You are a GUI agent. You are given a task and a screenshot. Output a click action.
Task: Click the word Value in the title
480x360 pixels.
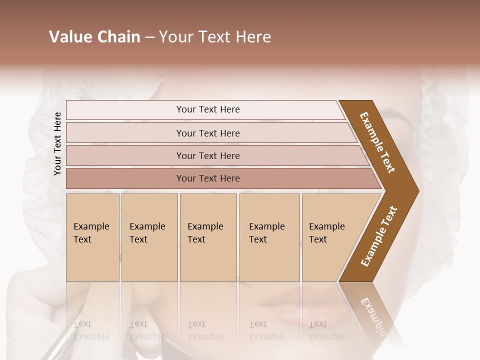point(70,37)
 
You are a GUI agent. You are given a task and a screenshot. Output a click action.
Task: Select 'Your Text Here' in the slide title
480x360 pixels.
point(215,37)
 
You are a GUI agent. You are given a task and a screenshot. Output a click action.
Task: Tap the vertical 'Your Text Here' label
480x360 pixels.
point(58,143)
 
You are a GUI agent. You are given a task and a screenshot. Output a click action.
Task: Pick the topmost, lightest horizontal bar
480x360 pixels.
point(207,109)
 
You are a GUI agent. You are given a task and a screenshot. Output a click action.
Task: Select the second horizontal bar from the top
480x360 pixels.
point(207,133)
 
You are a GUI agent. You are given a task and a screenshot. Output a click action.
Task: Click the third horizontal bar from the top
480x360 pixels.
point(207,155)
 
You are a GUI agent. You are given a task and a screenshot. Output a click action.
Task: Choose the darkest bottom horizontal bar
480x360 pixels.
point(207,178)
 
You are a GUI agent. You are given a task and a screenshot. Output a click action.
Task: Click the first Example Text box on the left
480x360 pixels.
point(92,237)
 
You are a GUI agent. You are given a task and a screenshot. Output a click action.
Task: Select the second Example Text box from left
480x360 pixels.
point(149,237)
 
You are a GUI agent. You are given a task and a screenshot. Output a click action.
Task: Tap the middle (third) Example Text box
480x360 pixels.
point(207,237)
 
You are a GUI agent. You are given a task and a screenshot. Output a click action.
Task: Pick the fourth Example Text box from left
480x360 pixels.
point(269,237)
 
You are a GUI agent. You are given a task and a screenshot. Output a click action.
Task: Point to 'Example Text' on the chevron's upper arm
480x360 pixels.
point(377,142)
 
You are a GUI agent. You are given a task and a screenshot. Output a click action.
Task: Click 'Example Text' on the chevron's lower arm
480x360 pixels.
point(379,236)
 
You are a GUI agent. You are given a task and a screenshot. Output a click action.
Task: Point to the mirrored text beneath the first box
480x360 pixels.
point(91,330)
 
